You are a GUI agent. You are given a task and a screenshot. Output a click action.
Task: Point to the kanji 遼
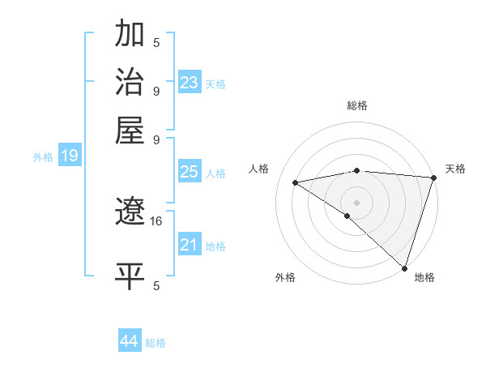(x=130, y=212)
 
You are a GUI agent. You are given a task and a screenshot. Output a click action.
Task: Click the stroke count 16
(x=156, y=220)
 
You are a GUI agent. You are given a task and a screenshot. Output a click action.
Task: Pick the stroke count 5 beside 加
(x=156, y=43)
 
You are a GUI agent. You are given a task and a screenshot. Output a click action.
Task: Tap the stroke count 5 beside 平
(x=156, y=285)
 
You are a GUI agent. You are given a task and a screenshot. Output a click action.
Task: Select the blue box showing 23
(x=190, y=82)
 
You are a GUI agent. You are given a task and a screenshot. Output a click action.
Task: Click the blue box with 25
(x=190, y=172)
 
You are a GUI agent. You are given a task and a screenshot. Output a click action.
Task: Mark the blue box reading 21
(x=190, y=245)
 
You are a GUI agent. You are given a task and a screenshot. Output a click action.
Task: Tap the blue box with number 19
(x=69, y=156)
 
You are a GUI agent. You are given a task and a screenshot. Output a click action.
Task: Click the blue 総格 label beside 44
(x=156, y=343)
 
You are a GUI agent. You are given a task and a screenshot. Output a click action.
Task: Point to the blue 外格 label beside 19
(x=43, y=157)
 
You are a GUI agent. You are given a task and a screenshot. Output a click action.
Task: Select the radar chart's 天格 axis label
(x=455, y=169)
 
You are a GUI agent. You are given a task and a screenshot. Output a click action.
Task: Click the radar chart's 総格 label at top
(x=357, y=105)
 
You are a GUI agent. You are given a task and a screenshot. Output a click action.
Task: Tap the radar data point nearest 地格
(x=405, y=268)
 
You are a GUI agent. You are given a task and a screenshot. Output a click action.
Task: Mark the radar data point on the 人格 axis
(x=296, y=182)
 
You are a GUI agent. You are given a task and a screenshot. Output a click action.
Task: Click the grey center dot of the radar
(x=356, y=202)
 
